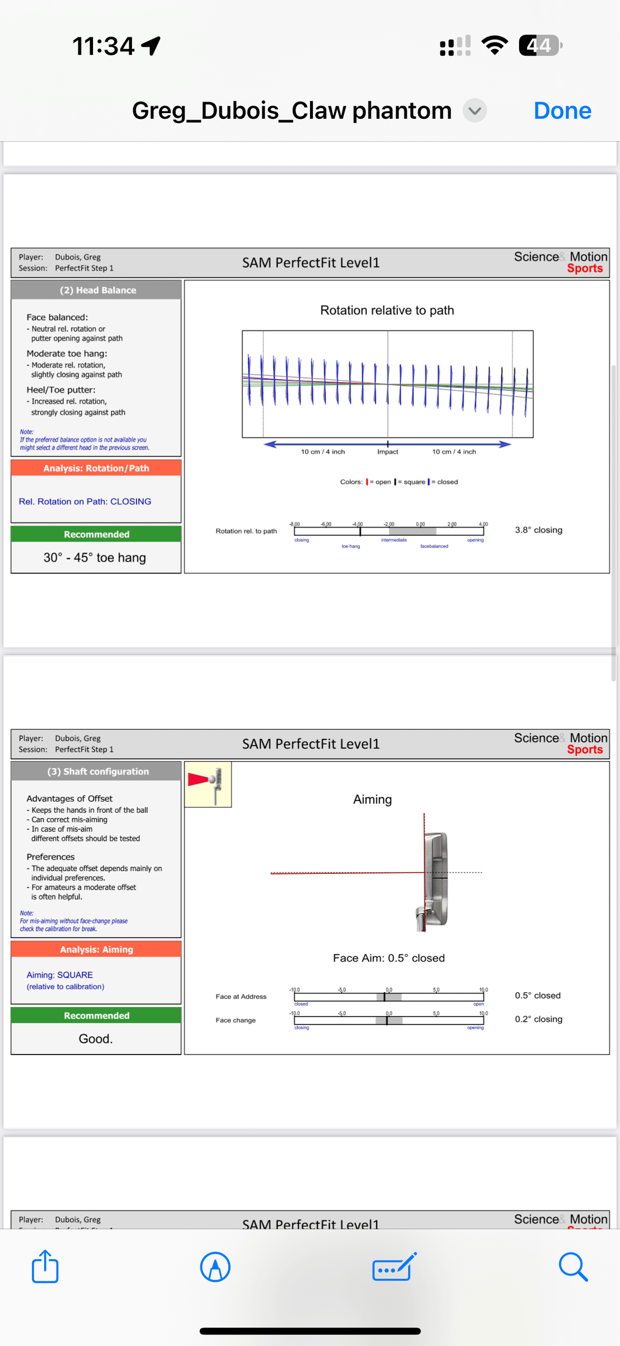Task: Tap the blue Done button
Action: [x=562, y=111]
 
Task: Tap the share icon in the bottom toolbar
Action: [x=45, y=1266]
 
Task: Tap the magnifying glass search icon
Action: [x=573, y=1266]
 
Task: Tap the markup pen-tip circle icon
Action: [x=215, y=1266]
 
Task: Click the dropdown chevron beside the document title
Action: [x=475, y=111]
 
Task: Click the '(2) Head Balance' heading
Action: [x=98, y=290]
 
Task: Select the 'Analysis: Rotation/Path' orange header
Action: [x=96, y=468]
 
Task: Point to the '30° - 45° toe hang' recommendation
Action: [x=95, y=558]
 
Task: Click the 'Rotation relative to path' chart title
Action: [x=387, y=310]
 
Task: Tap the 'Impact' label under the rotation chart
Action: [x=387, y=452]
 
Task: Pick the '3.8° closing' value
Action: [x=538, y=530]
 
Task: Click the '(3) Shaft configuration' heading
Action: [x=98, y=772]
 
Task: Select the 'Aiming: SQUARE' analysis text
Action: [x=60, y=975]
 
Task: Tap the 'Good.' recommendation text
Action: [x=95, y=1039]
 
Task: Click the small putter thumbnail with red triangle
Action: [x=208, y=784]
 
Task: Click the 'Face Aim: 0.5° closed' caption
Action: [x=389, y=958]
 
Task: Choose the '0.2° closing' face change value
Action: [x=538, y=1019]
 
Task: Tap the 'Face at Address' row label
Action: [x=241, y=997]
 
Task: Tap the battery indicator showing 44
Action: [x=540, y=45]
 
